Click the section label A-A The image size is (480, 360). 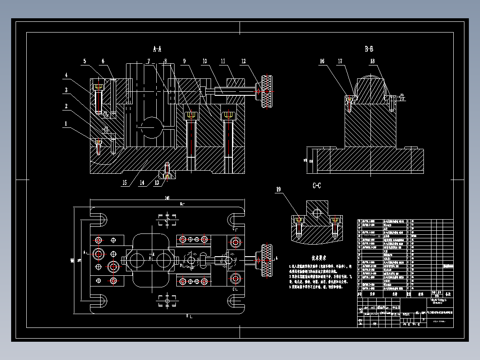(157, 49)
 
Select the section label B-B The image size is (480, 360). (369, 49)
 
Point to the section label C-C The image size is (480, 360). (317, 185)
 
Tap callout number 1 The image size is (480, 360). (66, 124)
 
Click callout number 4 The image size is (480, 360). (66, 75)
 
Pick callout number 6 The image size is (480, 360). (103, 61)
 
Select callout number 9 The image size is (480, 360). (183, 61)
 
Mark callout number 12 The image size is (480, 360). (243, 61)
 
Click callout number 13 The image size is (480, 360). (157, 183)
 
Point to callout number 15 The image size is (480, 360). (124, 183)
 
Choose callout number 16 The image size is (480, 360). (322, 62)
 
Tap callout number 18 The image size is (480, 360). (372, 61)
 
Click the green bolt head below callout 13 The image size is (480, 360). (167, 176)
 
